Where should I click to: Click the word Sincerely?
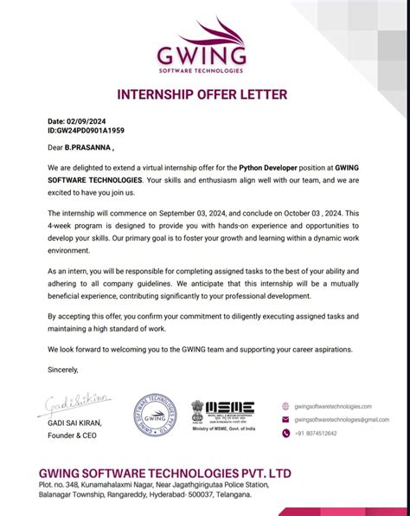tap(63, 370)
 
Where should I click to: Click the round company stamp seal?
tap(154, 416)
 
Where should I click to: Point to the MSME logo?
tap(231, 408)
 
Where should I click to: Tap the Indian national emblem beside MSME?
tap(198, 407)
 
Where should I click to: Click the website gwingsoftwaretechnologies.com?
tap(333, 406)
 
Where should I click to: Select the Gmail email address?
tap(341, 419)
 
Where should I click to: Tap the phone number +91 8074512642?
tap(316, 433)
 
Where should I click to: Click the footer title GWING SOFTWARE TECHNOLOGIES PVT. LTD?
tap(165, 474)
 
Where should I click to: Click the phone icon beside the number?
tap(286, 433)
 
